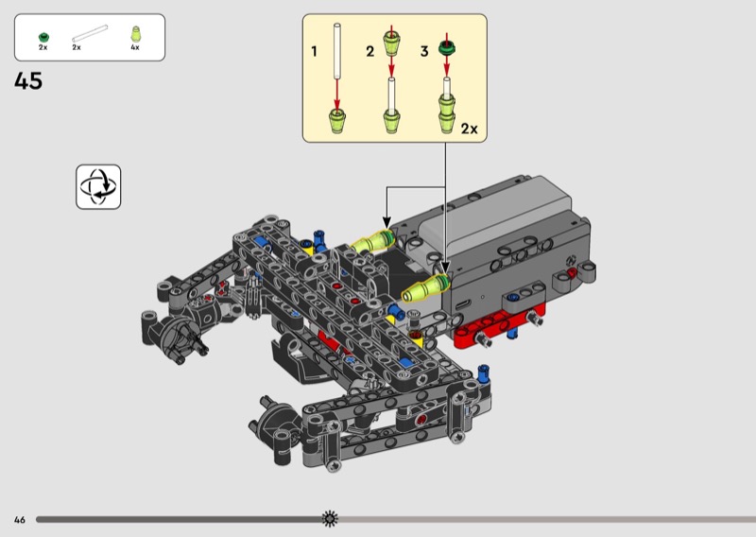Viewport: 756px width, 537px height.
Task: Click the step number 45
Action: [x=28, y=81]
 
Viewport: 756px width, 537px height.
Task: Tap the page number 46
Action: [x=19, y=520]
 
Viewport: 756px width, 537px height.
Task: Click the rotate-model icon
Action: [x=98, y=187]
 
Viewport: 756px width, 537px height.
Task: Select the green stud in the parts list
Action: [x=43, y=37]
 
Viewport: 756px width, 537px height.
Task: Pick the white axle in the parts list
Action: [x=90, y=34]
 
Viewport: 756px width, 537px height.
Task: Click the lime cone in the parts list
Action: [x=135, y=34]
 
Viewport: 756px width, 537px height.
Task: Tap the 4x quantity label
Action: [x=135, y=47]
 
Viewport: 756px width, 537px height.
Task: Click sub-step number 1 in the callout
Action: [x=315, y=51]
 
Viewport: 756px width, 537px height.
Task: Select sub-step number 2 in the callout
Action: [x=369, y=51]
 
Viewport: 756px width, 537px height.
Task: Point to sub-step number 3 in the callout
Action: [x=424, y=51]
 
